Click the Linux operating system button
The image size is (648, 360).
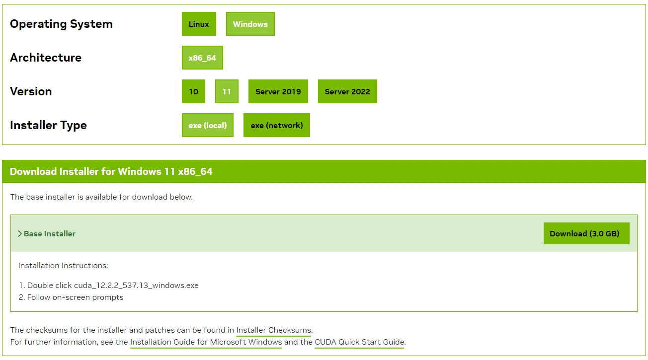click(x=199, y=24)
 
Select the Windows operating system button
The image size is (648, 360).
click(x=250, y=24)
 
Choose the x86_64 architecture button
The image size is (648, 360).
click(x=202, y=58)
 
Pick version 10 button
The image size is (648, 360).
click(x=193, y=91)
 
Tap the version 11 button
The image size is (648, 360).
click(x=227, y=91)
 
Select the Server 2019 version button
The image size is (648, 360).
click(x=278, y=91)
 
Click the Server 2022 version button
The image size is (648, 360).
click(x=347, y=91)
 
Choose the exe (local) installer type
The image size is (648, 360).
click(x=207, y=125)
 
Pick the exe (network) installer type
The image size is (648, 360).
click(x=277, y=125)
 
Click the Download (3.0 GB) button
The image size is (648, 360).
click(x=586, y=233)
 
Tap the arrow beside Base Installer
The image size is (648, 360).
click(x=20, y=234)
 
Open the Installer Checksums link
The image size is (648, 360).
click(x=274, y=330)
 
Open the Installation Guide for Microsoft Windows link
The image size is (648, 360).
click(x=206, y=342)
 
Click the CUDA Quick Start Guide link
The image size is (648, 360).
click(x=360, y=342)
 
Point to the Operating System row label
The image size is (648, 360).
click(x=61, y=24)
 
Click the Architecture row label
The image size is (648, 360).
click(x=46, y=58)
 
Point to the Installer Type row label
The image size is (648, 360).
click(x=48, y=125)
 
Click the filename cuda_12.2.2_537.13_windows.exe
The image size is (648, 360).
click(x=136, y=286)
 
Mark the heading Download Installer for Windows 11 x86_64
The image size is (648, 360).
click(x=111, y=171)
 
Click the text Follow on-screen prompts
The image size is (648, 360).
click(x=75, y=297)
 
